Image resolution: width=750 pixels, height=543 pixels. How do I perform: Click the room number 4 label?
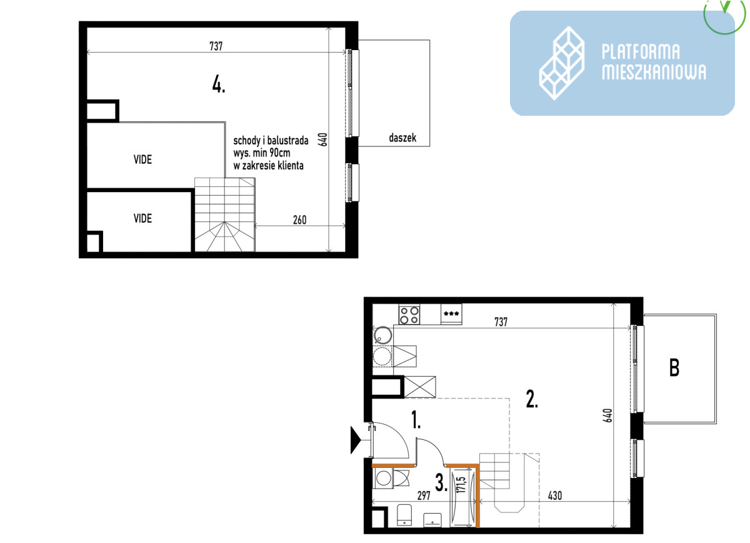pos(219,84)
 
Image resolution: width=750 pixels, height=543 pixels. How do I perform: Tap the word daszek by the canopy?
pos(402,138)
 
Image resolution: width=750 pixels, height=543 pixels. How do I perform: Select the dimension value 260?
pos(299,220)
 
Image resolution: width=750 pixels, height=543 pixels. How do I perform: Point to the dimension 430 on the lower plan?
pos(555,495)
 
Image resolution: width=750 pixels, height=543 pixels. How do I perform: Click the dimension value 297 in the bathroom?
pos(424,495)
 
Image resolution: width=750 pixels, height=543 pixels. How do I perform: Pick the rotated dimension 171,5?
pos(461,485)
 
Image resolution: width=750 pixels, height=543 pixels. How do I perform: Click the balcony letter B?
pos(674,368)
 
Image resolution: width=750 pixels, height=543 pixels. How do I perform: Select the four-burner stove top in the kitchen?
pos(409,315)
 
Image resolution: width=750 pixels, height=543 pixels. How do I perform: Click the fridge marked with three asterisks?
pos(451,315)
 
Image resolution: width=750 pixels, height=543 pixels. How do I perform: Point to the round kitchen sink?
pos(382,335)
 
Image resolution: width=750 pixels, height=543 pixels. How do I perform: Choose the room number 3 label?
pos(441,483)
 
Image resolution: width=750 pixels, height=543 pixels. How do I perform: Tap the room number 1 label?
pos(416,420)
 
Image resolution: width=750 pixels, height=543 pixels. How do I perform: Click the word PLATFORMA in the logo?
pos(641,52)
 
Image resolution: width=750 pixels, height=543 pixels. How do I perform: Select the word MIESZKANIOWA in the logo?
pos(654,72)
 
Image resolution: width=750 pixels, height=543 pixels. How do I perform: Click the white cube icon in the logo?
pos(562,63)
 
